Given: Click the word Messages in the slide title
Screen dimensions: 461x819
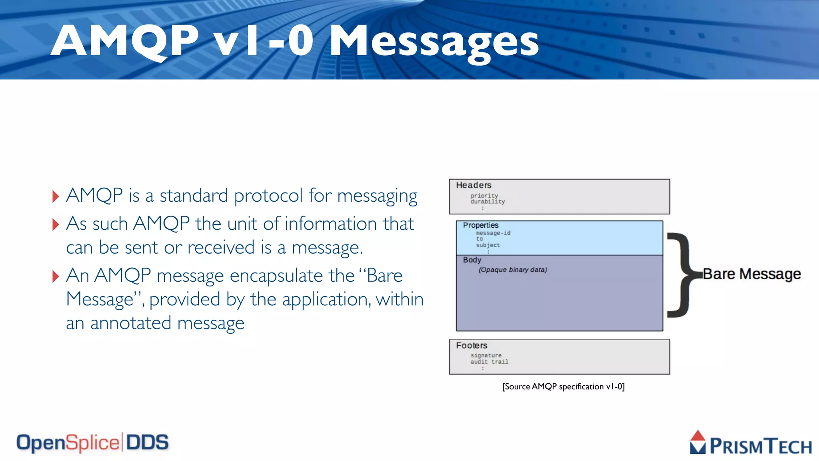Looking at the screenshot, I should tap(434, 41).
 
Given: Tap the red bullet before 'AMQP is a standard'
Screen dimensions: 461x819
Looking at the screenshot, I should tap(56, 196).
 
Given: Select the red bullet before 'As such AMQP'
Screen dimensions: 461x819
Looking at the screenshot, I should tap(56, 224).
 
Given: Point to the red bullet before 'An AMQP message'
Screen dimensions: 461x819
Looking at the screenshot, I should tap(56, 276).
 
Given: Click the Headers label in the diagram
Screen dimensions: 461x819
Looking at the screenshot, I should tap(473, 185).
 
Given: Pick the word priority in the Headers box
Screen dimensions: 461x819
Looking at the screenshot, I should tap(484, 195).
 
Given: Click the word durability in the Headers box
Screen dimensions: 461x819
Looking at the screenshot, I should tap(487, 202).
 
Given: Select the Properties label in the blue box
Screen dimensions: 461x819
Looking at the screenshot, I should tap(480, 225).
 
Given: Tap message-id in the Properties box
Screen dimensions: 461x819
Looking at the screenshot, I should tap(493, 233).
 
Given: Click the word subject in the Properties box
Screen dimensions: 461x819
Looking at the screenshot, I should tap(488, 245).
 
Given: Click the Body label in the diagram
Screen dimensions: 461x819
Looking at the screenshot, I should tap(472, 260).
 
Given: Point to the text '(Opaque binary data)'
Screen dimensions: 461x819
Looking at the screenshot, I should tap(513, 270).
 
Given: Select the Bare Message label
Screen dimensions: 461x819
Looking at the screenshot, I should tap(752, 274).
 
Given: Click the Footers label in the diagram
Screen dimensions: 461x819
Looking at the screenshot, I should tap(471, 345).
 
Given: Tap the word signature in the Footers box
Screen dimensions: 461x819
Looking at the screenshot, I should tap(486, 355).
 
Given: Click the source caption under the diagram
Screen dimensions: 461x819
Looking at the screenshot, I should tap(563, 387).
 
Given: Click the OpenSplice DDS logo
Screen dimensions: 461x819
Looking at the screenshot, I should tap(92, 443).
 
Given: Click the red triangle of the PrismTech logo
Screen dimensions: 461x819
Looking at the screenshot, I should tap(698, 436).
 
